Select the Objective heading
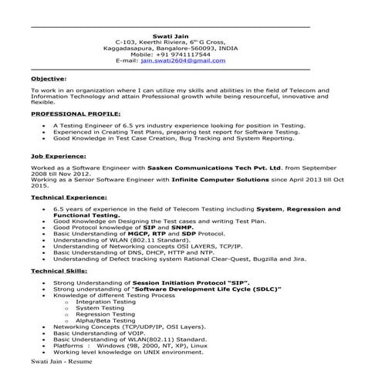click(x=49, y=79)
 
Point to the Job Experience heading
click(x=59, y=155)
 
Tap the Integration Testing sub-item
click(x=105, y=302)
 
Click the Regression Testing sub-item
click(x=105, y=314)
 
